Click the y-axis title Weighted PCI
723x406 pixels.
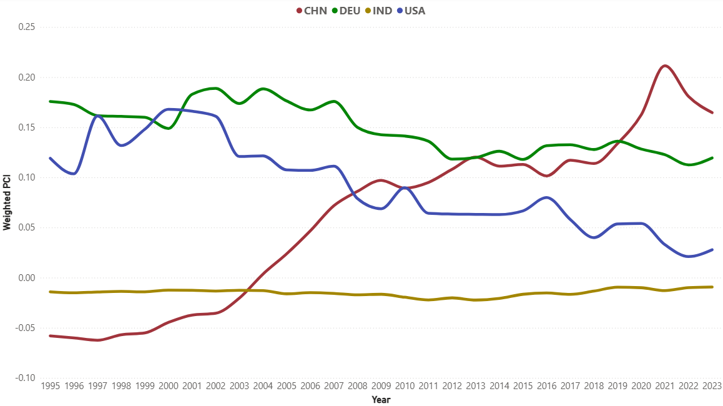coord(7,202)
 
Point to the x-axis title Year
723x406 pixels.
coord(381,399)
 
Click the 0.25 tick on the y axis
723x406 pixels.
coord(26,27)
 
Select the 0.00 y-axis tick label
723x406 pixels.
coord(26,278)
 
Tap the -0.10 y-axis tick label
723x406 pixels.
coord(24,378)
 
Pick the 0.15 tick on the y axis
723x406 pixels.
coord(26,127)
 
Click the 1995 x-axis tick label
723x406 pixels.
coord(50,387)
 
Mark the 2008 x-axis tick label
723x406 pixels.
coord(358,387)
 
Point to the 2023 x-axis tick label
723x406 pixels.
coord(712,387)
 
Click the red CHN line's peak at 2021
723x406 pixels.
coord(664,66)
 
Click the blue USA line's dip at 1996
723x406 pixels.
coord(74,174)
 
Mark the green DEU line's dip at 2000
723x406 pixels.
coord(169,128)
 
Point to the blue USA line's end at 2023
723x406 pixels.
coord(712,250)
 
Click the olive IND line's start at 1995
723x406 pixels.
coord(50,292)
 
